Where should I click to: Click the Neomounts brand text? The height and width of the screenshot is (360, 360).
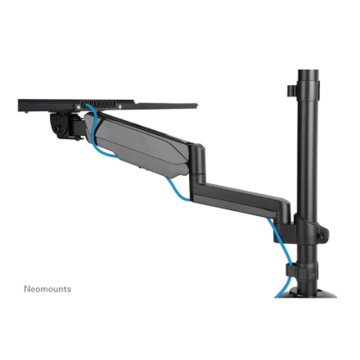click(47, 289)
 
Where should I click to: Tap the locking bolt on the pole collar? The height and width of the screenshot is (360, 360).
click(323, 236)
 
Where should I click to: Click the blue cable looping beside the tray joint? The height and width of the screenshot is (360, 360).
click(92, 135)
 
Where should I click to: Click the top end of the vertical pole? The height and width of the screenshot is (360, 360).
click(308, 74)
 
